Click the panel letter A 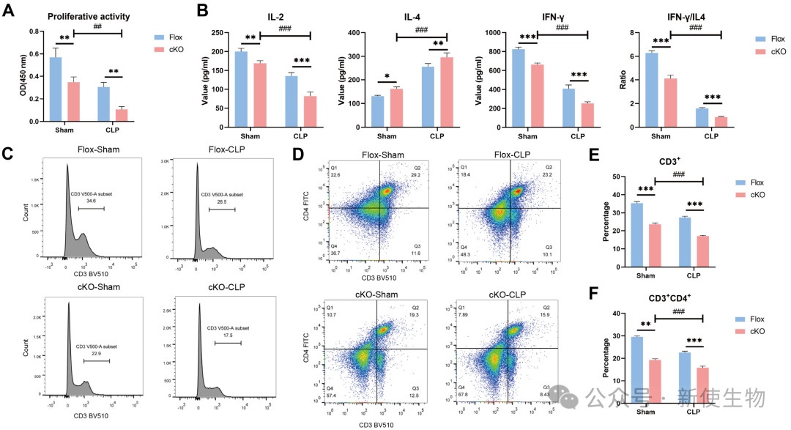pyautogui.click(x=9, y=11)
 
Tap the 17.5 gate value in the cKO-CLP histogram pyautogui.click(x=229, y=336)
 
